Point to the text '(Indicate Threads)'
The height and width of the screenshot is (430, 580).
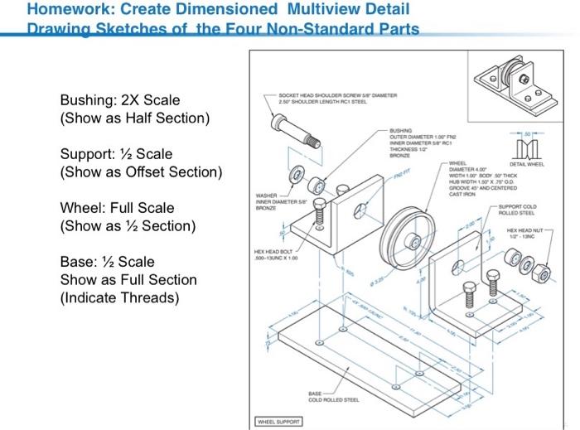tap(113, 297)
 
